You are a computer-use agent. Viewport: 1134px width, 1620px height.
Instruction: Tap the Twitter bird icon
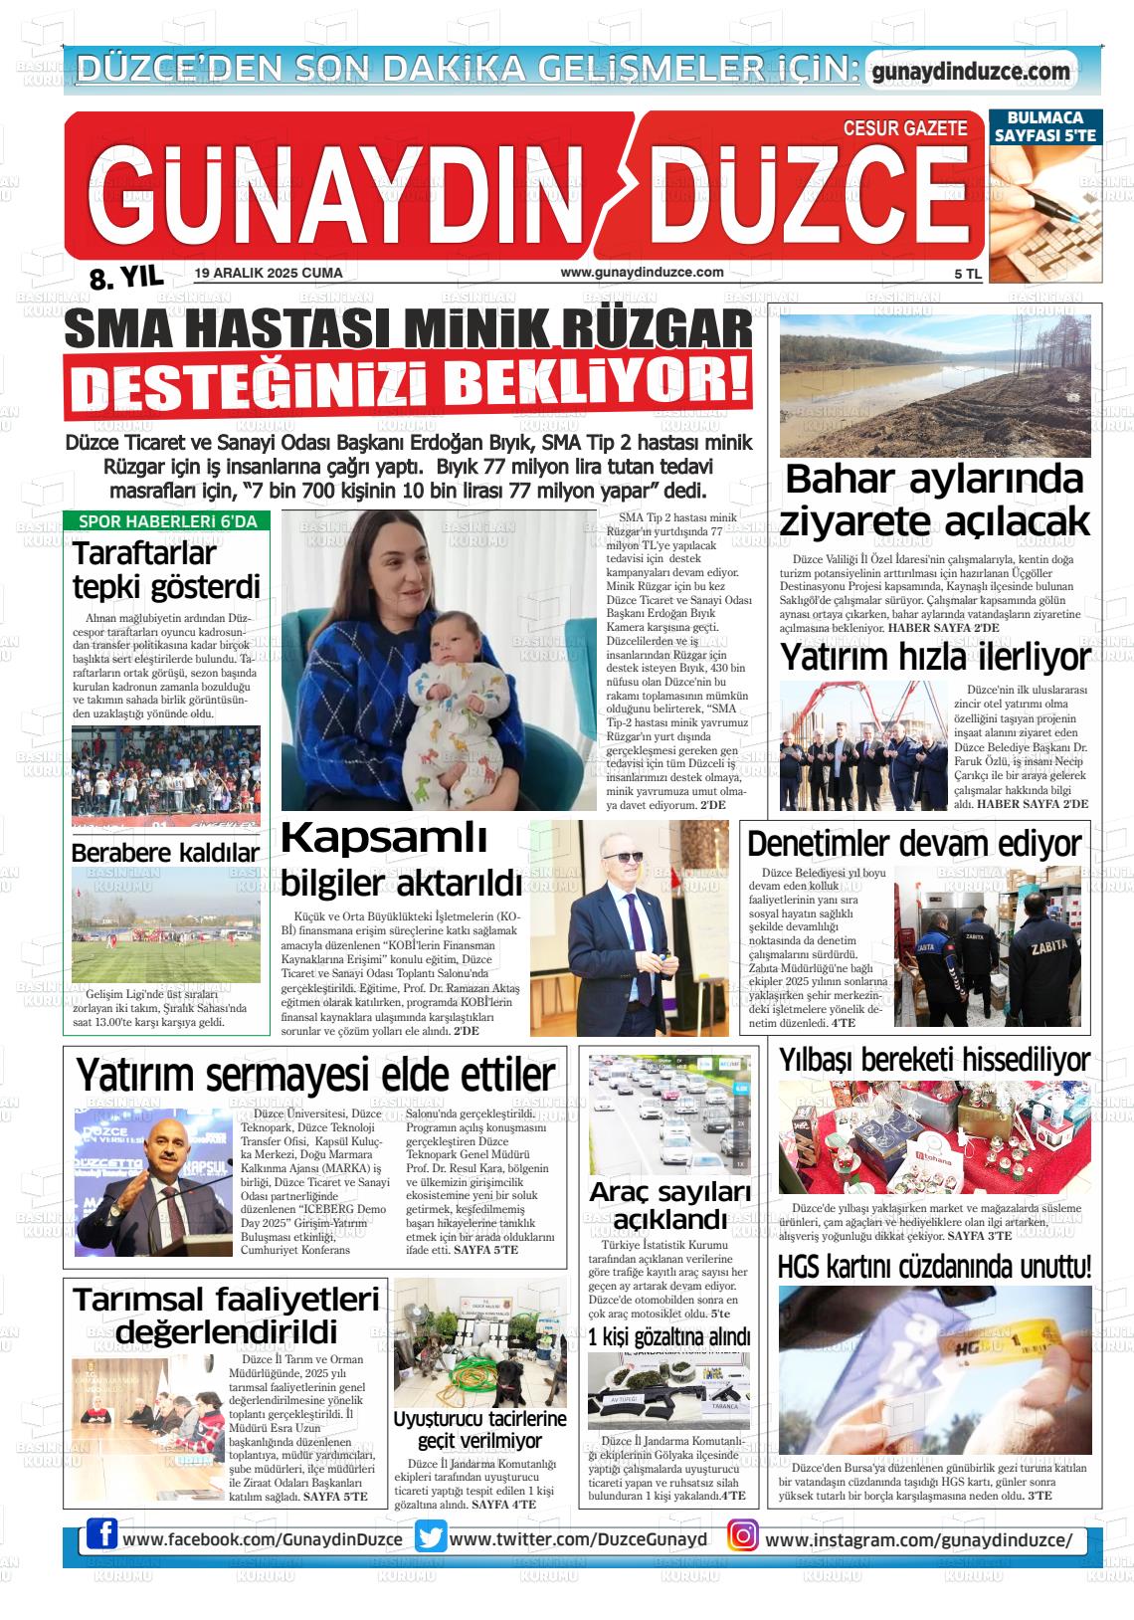point(431,1537)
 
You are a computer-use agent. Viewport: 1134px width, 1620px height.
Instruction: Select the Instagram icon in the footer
point(742,1536)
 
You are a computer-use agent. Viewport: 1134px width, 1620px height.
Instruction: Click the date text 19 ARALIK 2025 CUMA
point(269,273)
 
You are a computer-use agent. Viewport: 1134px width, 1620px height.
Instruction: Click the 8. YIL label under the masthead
point(126,279)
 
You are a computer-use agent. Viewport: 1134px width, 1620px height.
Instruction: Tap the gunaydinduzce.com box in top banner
point(970,72)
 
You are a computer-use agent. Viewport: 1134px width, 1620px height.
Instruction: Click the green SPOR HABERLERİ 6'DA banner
point(167,521)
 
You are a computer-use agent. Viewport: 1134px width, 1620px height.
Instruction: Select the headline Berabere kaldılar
point(165,853)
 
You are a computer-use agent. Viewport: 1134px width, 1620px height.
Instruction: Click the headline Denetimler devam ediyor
point(913,844)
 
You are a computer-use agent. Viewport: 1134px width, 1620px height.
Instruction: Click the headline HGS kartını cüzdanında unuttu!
point(934,1268)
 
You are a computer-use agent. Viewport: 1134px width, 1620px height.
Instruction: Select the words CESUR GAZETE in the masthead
point(904,128)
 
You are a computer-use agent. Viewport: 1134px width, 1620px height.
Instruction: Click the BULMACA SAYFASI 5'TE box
point(1045,126)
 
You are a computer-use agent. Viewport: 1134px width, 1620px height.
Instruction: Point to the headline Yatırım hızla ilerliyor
point(934,658)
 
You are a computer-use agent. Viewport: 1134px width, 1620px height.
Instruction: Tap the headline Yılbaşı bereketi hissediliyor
point(934,1059)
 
